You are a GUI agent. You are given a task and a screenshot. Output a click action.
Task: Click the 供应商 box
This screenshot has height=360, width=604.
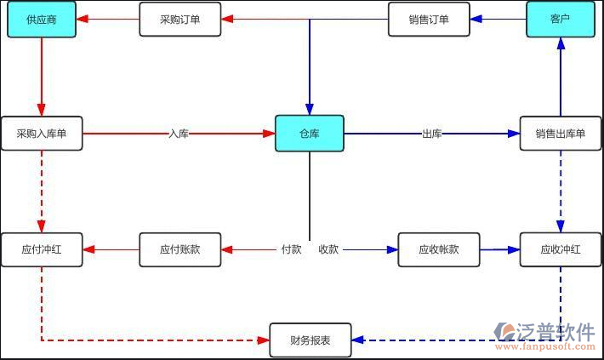coord(42,20)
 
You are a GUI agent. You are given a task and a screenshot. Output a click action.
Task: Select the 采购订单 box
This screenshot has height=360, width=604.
coord(179,20)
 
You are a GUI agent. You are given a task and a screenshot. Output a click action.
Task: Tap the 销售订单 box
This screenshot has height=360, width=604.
coord(429,20)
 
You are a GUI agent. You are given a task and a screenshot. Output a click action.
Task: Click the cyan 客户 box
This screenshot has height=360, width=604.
coord(560,20)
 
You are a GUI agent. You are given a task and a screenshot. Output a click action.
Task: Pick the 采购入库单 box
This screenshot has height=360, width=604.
coord(42,134)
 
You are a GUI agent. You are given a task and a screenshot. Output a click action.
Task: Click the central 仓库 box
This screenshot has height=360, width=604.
coord(309,134)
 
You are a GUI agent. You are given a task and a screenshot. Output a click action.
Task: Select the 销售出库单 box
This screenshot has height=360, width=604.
coord(560,134)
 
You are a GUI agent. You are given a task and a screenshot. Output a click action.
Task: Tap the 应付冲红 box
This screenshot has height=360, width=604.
coord(42,250)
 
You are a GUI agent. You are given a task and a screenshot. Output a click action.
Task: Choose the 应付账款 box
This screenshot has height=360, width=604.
coord(179,250)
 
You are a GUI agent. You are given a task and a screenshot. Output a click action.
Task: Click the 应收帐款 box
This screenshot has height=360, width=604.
coord(438,250)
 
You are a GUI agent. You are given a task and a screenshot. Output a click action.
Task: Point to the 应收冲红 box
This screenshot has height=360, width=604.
coord(560,250)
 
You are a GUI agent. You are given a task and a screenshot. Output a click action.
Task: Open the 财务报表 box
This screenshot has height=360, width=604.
coord(310,340)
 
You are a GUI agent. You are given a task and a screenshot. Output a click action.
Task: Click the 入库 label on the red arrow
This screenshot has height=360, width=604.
coord(179,134)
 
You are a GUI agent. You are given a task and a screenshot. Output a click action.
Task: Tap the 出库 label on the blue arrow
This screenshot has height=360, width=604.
coord(431,134)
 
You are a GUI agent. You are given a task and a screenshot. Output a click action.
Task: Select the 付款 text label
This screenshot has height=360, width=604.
coord(291,250)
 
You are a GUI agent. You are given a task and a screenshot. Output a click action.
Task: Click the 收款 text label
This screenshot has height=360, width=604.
coord(328,250)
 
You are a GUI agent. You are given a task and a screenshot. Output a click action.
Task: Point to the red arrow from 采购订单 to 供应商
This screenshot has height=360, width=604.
coord(107,20)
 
